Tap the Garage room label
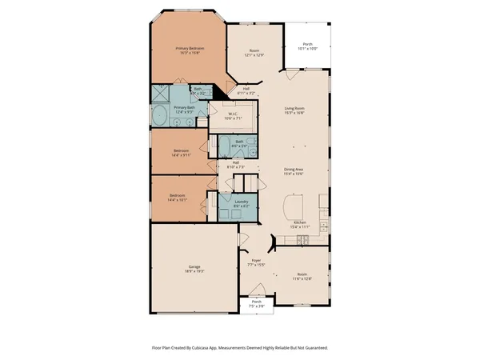coord(194,268)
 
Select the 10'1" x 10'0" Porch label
coord(308,46)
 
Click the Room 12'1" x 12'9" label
coord(254,53)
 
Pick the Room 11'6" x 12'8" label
coord(300,276)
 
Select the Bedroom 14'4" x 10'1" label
coord(178,198)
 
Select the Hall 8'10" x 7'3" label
coord(237,165)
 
